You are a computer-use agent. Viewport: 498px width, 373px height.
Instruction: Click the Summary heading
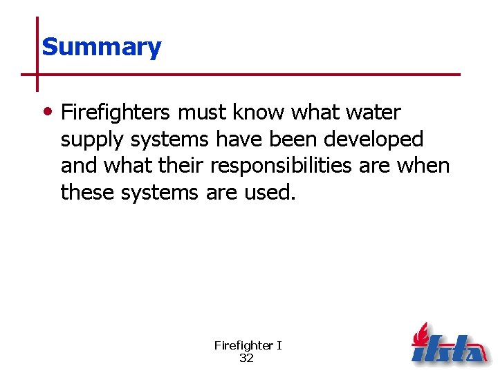(x=101, y=47)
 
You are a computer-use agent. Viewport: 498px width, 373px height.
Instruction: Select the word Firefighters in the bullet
(x=115, y=112)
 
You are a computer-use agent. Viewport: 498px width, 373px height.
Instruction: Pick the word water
(x=372, y=112)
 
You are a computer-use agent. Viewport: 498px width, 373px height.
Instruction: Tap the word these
(x=88, y=193)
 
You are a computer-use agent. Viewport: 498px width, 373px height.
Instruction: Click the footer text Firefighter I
(x=248, y=345)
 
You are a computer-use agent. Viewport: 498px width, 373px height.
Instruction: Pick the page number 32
(x=246, y=358)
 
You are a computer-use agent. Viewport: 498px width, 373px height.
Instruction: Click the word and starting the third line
(x=77, y=166)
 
